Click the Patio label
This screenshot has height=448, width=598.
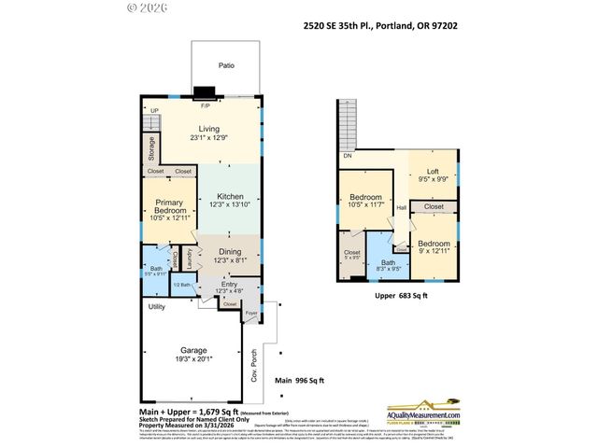[226, 66]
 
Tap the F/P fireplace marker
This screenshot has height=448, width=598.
[205, 104]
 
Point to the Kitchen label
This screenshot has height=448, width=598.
[230, 196]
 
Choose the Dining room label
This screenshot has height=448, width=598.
[229, 251]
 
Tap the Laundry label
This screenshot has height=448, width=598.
[189, 253]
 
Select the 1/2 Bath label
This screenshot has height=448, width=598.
[184, 285]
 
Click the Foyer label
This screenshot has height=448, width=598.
[249, 315]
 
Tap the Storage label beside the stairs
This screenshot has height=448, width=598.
[150, 148]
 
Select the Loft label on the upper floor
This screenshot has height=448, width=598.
[433, 172]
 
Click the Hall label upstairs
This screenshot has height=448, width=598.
[401, 207]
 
